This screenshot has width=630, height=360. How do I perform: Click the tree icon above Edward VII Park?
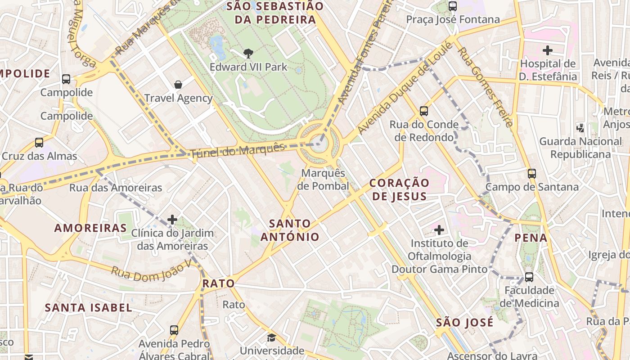coord(248,54)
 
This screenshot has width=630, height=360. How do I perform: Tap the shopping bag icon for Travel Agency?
coord(178,85)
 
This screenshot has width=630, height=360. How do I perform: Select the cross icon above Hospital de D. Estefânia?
coord(548,50)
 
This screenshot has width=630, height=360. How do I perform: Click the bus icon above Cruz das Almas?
coord(39,143)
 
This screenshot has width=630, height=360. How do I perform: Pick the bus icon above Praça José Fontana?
coord(453,6)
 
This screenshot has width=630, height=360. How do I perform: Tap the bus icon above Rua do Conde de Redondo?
coord(423,111)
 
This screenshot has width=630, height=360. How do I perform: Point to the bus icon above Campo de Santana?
coord(532,173)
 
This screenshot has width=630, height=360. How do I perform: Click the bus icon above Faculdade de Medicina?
coord(529,277)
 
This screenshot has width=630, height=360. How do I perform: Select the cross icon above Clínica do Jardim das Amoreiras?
coord(172,220)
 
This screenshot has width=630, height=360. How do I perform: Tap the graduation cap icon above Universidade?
coord(271,337)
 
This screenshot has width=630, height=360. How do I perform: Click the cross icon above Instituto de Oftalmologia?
coord(439,230)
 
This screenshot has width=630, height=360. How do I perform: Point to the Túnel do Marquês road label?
coord(238,150)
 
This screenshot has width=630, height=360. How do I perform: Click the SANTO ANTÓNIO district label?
coord(290,230)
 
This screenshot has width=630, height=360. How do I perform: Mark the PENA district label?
coord(531,238)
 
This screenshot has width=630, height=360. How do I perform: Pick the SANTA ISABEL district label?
coord(89,308)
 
